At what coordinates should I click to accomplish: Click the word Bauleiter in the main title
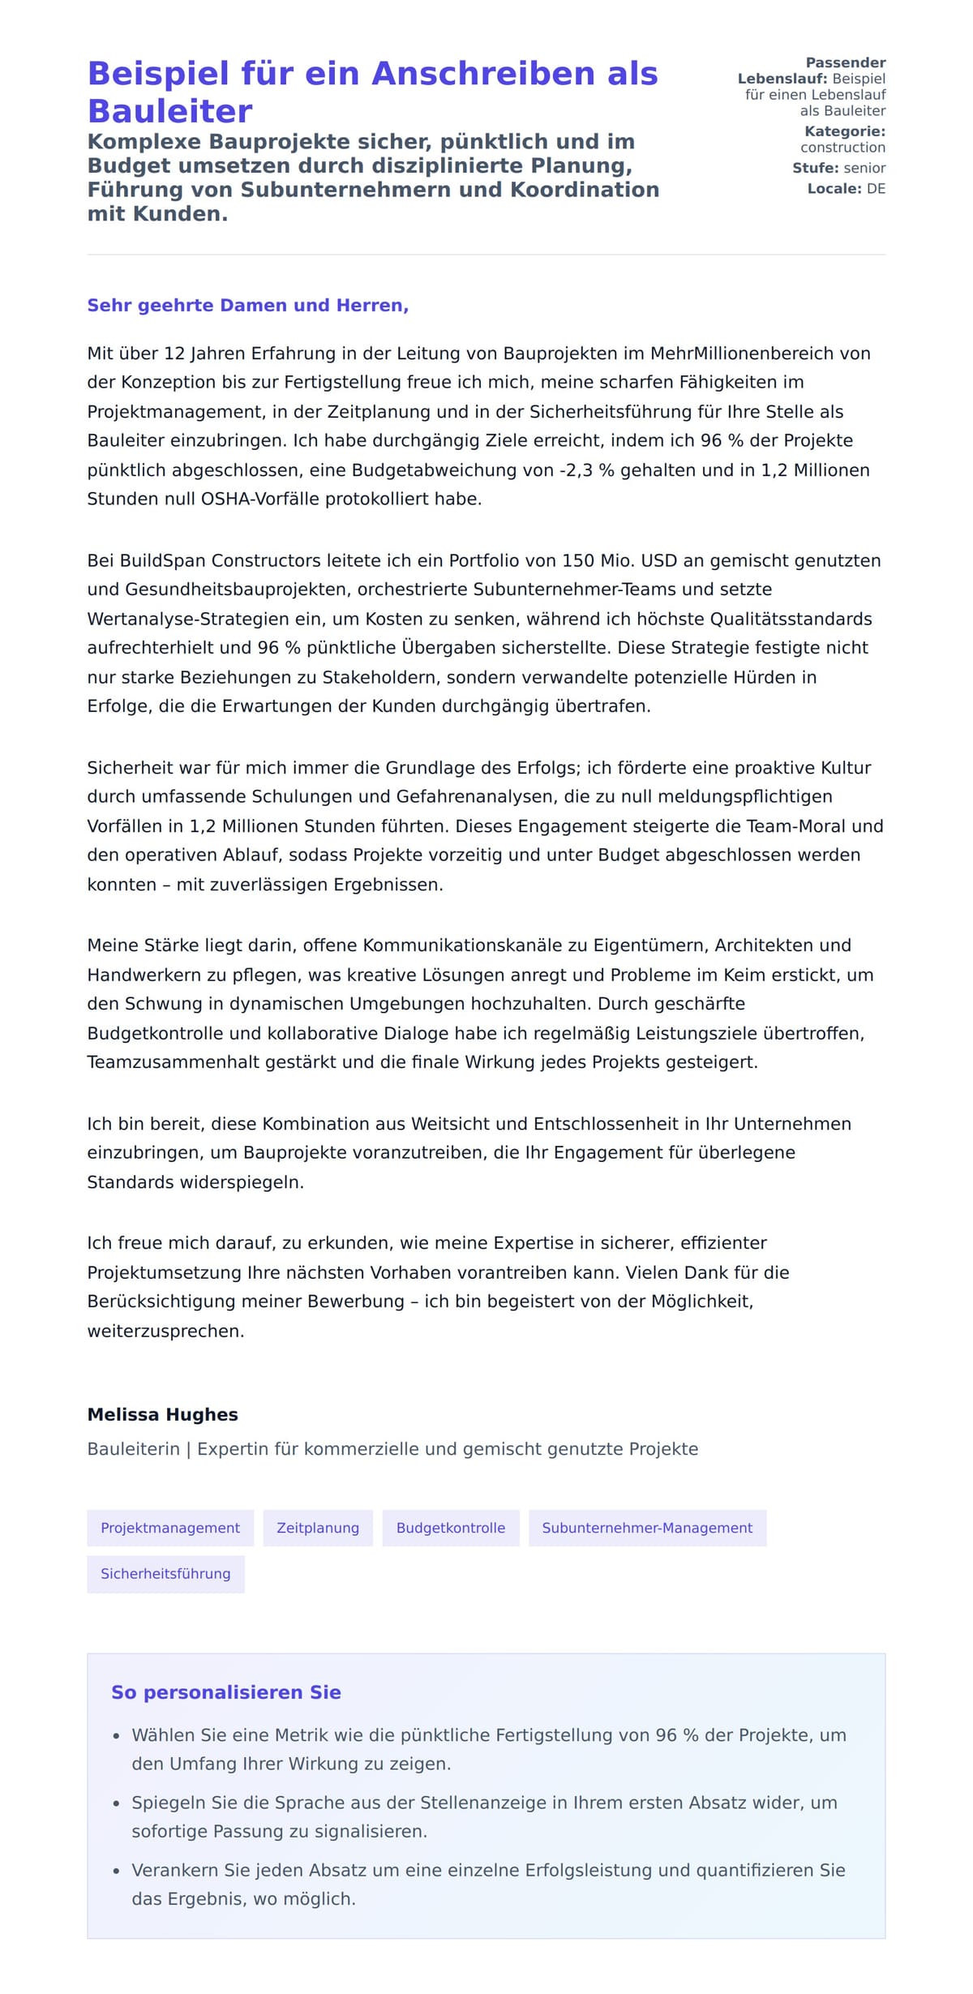pos(169,111)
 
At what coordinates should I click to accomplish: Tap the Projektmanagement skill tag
pos(170,1528)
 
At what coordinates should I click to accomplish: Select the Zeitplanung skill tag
pos(318,1528)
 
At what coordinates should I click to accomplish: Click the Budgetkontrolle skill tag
pos(451,1528)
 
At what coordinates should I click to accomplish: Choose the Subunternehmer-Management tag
pos(647,1528)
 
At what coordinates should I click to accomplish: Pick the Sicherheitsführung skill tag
pos(165,1574)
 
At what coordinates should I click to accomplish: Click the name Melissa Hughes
pos(163,1415)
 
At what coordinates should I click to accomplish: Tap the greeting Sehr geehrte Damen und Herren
pos(247,305)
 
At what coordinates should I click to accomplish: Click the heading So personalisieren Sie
pos(226,1692)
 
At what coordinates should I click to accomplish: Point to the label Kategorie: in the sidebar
pos(845,131)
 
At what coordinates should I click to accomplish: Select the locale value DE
pos(876,189)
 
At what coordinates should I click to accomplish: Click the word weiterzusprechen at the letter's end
pos(165,1331)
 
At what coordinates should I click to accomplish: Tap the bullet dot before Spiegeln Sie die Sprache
pos(116,1803)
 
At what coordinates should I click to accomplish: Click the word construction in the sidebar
pos(842,148)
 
